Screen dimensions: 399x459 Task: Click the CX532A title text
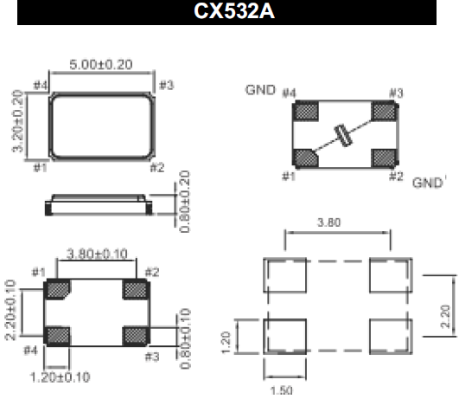(230, 13)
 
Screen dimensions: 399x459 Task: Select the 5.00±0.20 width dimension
(102, 65)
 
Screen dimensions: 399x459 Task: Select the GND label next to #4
(263, 89)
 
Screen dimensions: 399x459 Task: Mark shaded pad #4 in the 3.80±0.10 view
(58, 334)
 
